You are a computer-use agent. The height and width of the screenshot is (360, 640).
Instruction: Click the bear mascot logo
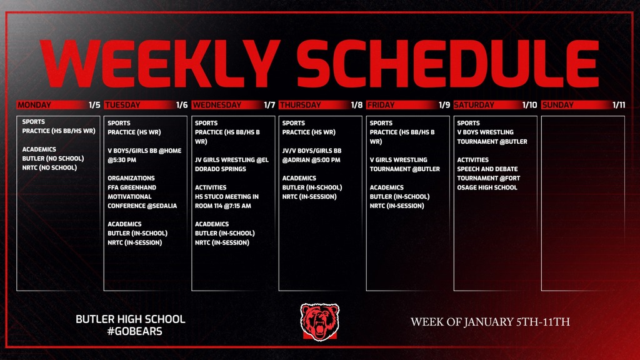pos(319,322)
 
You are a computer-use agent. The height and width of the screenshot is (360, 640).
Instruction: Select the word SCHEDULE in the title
pos(447,63)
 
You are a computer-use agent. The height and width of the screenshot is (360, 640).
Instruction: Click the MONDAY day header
pos(34,105)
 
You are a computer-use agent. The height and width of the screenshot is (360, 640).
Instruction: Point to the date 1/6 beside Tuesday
pos(182,105)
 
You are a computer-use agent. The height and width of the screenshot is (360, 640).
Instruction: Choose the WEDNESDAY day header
pos(217,105)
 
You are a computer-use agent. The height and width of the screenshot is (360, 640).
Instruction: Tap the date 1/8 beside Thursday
pos(356,105)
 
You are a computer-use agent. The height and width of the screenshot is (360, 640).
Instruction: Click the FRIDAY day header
pos(381,105)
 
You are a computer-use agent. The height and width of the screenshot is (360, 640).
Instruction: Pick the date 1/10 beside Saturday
pos(529,105)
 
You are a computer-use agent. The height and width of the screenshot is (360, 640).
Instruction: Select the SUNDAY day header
pos(558,105)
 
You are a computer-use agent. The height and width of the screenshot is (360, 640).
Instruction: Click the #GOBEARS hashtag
pos(135,331)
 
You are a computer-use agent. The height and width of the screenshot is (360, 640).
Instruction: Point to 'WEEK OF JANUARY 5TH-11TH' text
pos(490,322)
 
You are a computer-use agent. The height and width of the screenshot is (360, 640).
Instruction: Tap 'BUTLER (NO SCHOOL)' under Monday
pos(53,158)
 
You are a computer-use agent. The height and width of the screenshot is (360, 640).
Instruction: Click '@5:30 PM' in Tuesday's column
pos(122,160)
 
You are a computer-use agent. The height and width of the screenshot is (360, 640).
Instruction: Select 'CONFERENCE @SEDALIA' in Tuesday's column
pos(142,206)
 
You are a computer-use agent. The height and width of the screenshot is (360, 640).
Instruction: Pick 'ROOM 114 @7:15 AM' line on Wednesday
pos(223,206)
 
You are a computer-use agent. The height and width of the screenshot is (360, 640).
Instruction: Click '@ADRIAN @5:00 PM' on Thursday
pos(311,160)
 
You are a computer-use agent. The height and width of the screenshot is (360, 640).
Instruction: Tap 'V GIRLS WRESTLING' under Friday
pos(398,160)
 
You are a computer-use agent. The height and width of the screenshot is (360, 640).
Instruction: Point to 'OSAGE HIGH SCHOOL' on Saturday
pos(487,187)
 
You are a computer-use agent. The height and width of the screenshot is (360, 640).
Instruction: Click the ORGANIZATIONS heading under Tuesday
pos(131,178)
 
